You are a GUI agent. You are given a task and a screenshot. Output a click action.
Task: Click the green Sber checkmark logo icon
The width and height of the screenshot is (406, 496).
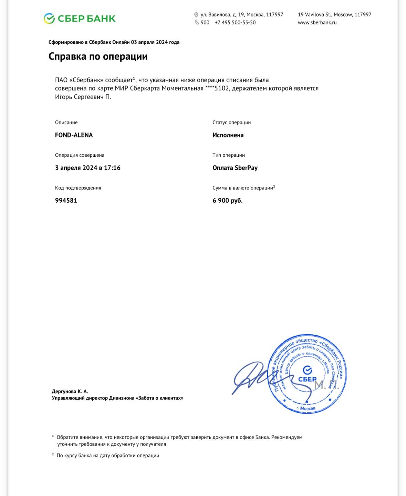click(x=49, y=19)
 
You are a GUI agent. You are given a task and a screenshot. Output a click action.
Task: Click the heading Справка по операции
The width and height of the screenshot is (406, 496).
click(x=98, y=56)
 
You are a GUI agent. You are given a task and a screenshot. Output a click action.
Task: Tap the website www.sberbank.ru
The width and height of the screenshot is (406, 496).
click(x=317, y=23)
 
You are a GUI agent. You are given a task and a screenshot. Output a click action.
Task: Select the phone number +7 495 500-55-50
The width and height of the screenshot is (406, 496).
click(x=235, y=23)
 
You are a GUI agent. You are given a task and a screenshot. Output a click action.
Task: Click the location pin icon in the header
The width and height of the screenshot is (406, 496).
click(x=196, y=15)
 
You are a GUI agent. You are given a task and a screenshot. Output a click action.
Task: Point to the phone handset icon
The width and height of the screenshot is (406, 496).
click(x=197, y=22)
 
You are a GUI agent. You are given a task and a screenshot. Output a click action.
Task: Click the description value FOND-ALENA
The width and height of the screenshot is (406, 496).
click(x=74, y=135)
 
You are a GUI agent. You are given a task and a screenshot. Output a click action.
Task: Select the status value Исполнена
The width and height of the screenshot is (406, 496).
click(x=228, y=135)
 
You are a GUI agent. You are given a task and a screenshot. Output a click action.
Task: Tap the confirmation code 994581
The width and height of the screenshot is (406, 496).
click(x=66, y=200)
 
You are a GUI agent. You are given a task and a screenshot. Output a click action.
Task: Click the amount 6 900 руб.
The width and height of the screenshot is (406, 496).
click(x=227, y=200)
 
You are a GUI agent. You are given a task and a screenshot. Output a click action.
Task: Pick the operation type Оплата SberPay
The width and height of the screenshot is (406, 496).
click(x=235, y=168)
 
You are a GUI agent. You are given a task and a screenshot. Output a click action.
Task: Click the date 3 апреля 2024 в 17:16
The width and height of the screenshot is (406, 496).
click(x=88, y=168)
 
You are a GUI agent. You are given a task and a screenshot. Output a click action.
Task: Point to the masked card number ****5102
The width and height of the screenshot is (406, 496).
click(x=217, y=89)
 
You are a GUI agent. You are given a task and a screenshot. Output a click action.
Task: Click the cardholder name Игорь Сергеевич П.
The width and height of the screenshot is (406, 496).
click(x=83, y=97)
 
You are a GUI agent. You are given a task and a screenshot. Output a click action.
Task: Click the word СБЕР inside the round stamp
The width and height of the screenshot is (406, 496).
click(x=307, y=379)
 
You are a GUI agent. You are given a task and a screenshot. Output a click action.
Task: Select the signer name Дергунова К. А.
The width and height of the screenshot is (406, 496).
click(x=70, y=391)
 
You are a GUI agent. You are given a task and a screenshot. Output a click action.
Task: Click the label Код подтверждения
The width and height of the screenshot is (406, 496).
click(x=78, y=188)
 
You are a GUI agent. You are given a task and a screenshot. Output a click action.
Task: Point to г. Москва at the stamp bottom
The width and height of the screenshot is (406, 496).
click(x=306, y=409)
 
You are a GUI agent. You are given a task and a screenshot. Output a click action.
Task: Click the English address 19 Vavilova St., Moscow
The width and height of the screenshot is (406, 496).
click(x=334, y=15)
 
